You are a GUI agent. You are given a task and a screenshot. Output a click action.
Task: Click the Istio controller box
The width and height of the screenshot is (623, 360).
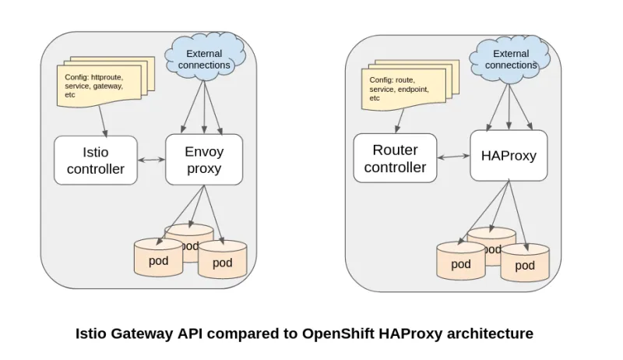point(95,160)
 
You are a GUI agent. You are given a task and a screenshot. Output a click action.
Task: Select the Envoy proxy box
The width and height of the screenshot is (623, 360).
point(204,159)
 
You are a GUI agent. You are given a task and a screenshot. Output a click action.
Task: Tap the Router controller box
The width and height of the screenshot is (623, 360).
point(395,158)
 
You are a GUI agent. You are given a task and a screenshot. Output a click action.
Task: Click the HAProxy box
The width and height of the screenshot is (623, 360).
point(509,155)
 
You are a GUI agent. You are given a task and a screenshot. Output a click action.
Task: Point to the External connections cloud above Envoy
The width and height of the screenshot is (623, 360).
point(204,59)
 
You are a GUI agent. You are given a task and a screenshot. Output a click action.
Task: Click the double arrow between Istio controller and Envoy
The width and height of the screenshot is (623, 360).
point(151,161)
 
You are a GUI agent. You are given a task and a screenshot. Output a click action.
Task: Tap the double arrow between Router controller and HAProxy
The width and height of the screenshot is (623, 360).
point(453,157)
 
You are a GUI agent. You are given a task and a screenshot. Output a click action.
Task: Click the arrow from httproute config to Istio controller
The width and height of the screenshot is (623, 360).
point(102,122)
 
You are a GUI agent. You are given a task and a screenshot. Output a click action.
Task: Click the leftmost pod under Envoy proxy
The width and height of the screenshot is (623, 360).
point(158,259)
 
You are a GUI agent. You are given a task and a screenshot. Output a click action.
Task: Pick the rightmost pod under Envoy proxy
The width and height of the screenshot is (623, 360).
point(223,261)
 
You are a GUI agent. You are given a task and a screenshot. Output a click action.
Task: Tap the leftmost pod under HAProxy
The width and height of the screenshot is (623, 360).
point(461,262)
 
